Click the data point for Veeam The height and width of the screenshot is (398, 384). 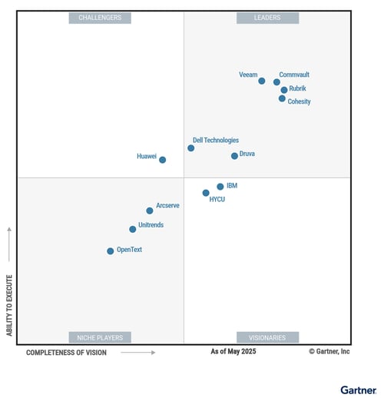click(x=262, y=81)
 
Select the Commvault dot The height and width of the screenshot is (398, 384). click(x=276, y=82)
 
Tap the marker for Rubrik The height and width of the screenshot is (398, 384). click(x=284, y=90)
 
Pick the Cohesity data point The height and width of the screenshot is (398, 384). click(x=282, y=98)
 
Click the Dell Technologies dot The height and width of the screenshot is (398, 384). click(x=191, y=148)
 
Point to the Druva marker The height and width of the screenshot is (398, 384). click(x=234, y=156)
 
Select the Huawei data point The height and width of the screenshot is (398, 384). click(x=162, y=160)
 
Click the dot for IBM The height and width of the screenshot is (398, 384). click(x=220, y=187)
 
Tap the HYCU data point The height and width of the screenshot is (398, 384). click(x=206, y=193)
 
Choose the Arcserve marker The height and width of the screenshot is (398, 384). click(x=150, y=211)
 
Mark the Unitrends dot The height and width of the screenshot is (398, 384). click(x=132, y=229)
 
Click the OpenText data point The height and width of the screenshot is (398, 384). click(x=110, y=251)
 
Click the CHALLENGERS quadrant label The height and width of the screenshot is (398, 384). click(x=100, y=18)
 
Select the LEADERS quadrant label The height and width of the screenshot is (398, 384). click(x=267, y=18)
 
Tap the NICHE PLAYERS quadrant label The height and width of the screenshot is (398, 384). click(x=100, y=337)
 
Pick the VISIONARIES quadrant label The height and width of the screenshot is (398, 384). click(x=267, y=337)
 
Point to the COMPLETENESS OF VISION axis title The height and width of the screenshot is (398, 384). click(x=66, y=353)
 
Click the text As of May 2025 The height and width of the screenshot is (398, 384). click(x=233, y=352)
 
